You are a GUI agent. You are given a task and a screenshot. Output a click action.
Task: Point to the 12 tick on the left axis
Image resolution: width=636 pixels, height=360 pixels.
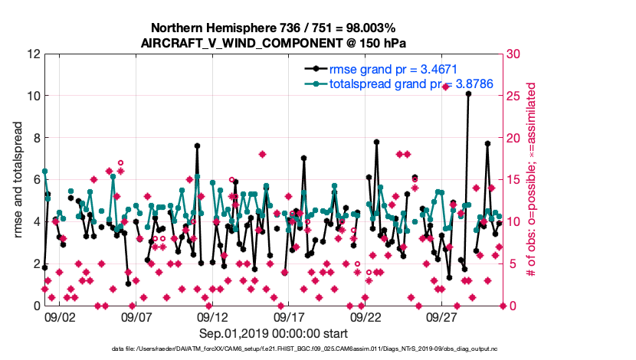pyautogui.click(x=33, y=54)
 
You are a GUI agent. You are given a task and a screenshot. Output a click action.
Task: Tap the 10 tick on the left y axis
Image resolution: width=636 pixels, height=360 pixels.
pyautogui.click(x=33, y=97)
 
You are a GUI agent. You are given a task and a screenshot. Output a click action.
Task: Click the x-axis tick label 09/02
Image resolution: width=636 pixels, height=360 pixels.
pyautogui.click(x=60, y=316)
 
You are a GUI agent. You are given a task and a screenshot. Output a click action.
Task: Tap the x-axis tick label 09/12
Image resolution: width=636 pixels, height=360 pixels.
pyautogui.click(x=213, y=316)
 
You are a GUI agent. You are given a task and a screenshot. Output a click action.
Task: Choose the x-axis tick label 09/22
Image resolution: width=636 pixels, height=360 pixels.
pyautogui.click(x=366, y=316)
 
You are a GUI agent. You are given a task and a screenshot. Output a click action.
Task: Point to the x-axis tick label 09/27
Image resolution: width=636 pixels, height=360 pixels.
pyautogui.click(x=443, y=316)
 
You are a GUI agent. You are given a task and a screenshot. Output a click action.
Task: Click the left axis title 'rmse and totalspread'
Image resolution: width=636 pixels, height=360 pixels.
pyautogui.click(x=18, y=180)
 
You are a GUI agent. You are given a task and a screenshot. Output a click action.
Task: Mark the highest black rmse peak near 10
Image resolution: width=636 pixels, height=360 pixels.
pyautogui.click(x=468, y=94)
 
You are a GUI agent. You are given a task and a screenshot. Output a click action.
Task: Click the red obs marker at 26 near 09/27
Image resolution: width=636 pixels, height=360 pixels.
pyautogui.click(x=445, y=87)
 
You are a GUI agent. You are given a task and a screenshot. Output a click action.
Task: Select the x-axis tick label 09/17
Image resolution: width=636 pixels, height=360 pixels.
pyautogui.click(x=290, y=316)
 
